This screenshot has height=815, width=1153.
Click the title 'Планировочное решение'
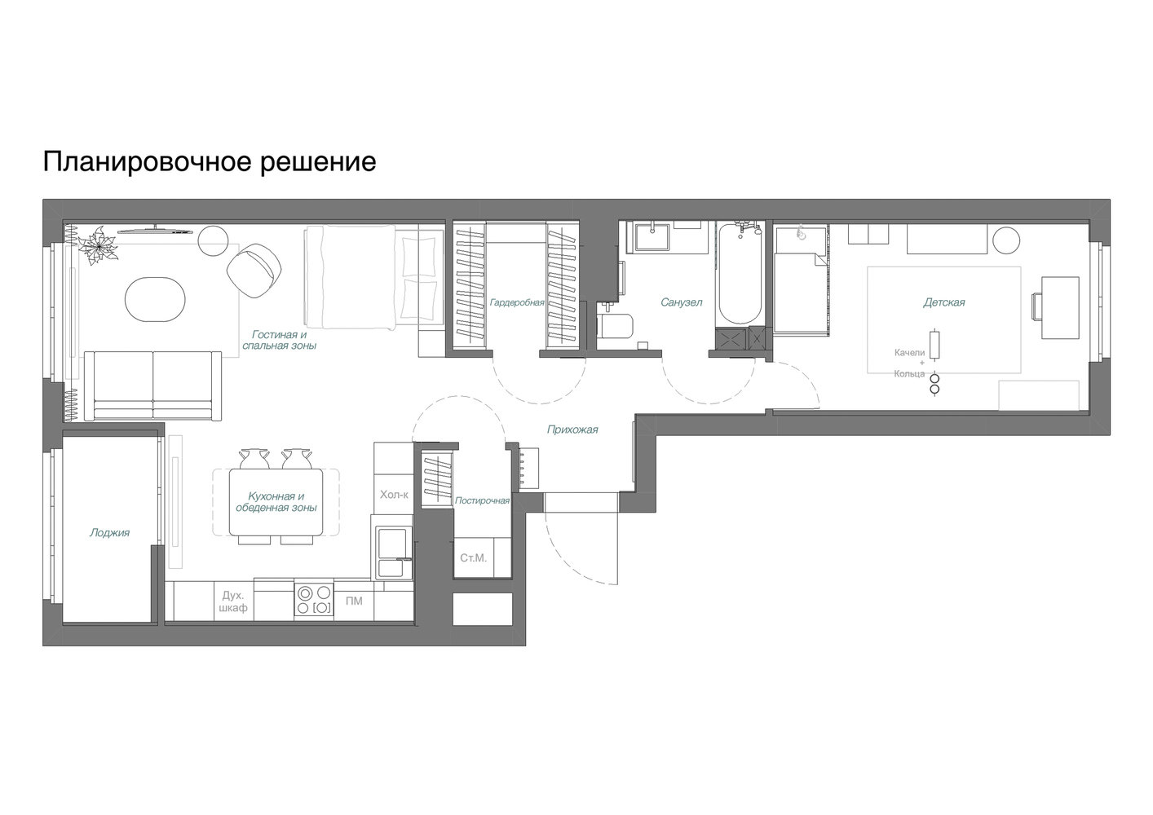[x=210, y=162]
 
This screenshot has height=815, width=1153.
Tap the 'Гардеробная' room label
[x=516, y=302]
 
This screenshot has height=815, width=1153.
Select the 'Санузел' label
[x=681, y=302]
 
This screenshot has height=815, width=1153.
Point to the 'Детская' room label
[x=943, y=302]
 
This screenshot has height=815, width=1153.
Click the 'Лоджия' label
[x=109, y=533]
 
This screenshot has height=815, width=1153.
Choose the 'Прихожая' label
[x=572, y=430]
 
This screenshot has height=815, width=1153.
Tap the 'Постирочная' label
[x=482, y=500]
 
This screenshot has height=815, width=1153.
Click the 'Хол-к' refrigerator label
[x=394, y=495]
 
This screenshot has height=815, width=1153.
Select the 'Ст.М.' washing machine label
[x=473, y=558]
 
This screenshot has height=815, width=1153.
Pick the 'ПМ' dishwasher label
[x=354, y=601]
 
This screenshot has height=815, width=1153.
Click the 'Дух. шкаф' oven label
[x=233, y=602]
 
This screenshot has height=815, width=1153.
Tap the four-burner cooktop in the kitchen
[x=314, y=601]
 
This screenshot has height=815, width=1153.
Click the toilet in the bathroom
[x=615, y=325]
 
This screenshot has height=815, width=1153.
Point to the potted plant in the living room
[x=98, y=245]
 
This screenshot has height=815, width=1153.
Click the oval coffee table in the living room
[x=155, y=299]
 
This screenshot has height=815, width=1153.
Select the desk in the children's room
[x=1060, y=308]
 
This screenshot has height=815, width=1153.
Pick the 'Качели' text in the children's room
[x=909, y=353]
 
